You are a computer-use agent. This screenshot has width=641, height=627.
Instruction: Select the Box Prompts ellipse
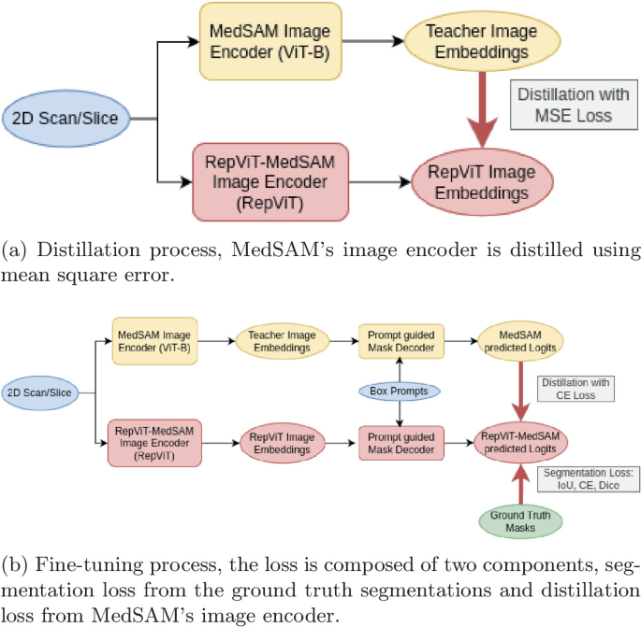tap(401, 391)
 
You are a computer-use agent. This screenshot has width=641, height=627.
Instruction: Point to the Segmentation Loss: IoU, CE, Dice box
tap(587, 480)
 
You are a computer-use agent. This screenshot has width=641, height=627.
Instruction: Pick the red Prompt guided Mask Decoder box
tap(401, 442)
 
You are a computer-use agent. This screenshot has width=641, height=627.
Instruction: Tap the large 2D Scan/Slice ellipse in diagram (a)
tap(65, 119)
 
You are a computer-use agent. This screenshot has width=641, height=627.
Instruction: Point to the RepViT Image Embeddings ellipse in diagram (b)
tap(284, 442)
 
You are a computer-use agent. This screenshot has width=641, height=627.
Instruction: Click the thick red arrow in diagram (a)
tap(484, 109)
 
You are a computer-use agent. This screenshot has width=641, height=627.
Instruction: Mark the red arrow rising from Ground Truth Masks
tap(518, 484)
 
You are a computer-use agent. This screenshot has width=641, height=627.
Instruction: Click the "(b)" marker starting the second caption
tap(13, 570)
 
